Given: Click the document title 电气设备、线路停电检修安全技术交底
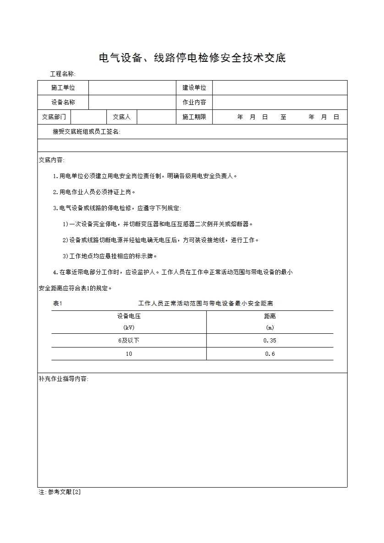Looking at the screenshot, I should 192,58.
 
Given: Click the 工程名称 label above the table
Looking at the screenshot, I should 63,74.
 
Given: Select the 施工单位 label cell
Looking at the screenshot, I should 63,88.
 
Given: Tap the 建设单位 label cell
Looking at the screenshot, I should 194,88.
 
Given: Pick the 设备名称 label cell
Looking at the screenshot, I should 63,103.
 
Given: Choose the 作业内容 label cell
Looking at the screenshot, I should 194,103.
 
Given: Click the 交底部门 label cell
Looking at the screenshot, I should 54,117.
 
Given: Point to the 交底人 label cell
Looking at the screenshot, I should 122,117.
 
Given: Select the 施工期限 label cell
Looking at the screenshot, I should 194,117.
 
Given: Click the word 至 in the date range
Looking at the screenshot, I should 284,117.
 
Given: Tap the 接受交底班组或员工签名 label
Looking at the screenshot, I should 87,132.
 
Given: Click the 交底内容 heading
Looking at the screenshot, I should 52,160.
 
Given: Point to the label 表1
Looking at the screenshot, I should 58,304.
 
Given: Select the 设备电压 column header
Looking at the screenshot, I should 129,316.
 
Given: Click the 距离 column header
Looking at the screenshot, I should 270,316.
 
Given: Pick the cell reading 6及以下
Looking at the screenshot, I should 129,341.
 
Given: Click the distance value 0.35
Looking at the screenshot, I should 270,341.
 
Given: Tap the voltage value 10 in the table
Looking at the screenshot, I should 129,354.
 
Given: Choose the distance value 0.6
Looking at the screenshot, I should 270,354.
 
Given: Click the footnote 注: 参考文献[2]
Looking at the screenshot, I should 60,492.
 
